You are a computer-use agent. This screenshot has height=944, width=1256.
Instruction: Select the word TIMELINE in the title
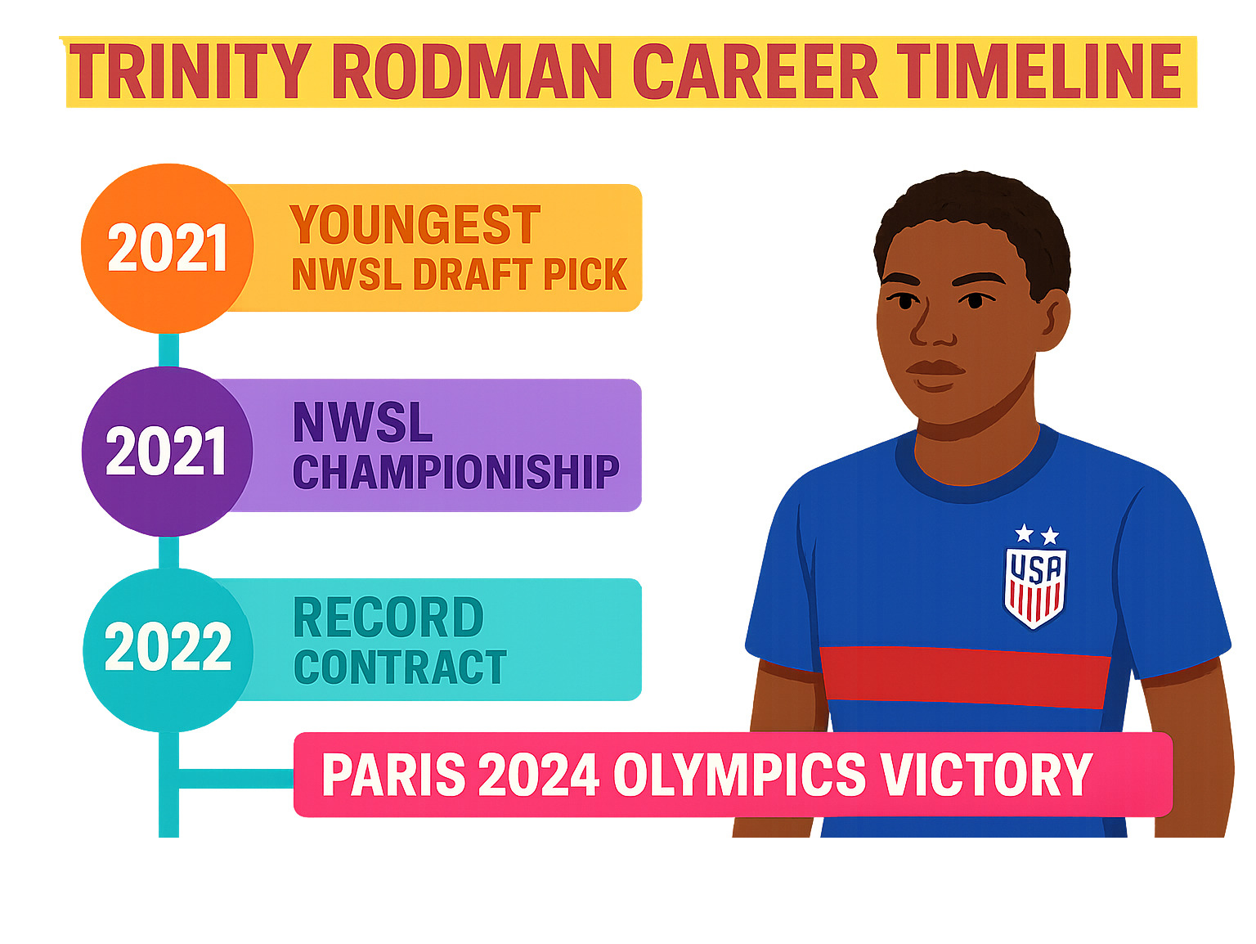pos(1039,71)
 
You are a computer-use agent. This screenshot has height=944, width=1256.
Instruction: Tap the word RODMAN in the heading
pos(472,71)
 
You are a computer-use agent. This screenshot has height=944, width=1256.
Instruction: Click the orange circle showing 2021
pos(167,249)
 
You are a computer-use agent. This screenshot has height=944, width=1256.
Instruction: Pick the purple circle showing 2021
pos(167,451)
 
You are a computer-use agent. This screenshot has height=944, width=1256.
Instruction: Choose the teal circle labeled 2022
pos(168,650)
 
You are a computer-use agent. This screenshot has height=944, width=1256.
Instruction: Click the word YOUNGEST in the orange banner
pos(415,224)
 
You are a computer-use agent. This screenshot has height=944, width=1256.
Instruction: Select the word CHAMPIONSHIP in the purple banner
pos(456,472)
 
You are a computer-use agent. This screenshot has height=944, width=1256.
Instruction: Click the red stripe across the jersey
pos(964,677)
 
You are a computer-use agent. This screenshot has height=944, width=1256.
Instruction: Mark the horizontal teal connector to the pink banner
pos(236,779)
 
